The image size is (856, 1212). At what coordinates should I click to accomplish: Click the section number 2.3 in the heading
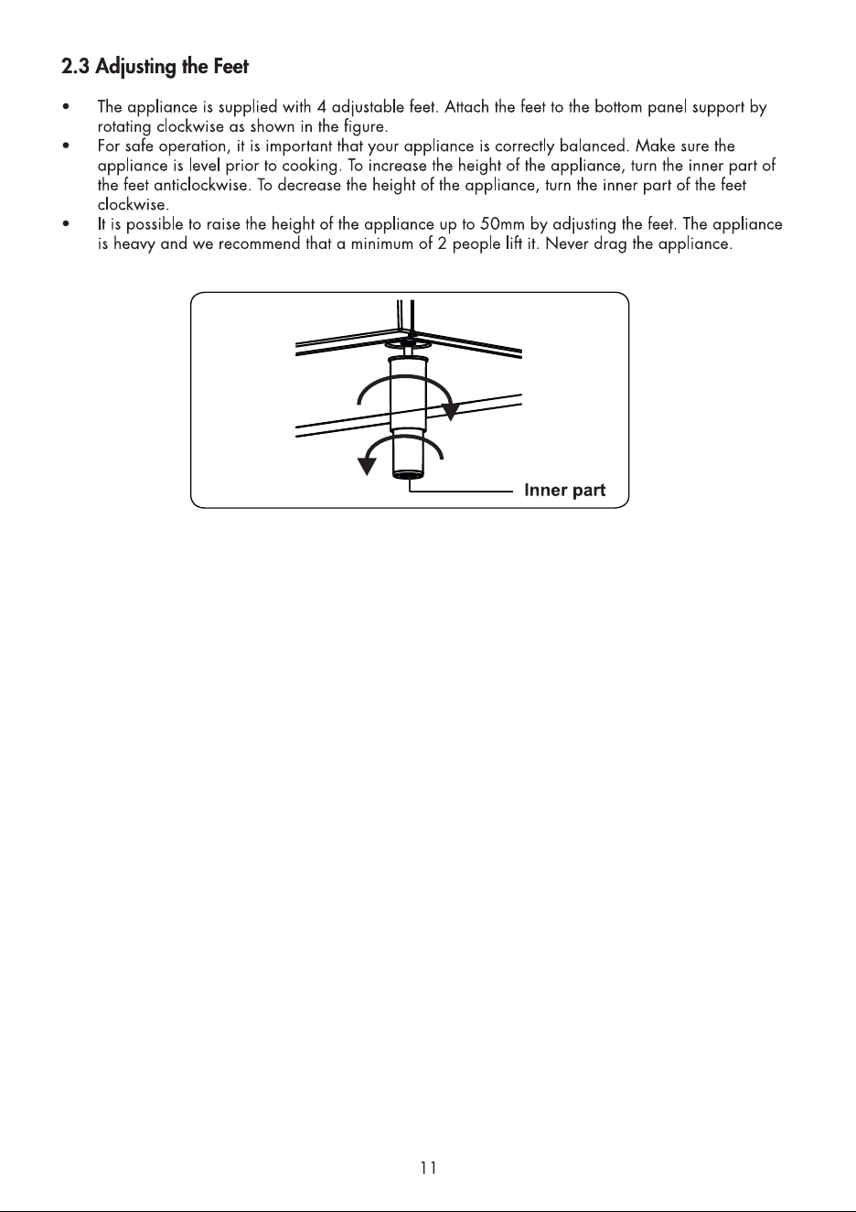click(x=76, y=67)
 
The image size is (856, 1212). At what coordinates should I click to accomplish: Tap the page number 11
click(x=429, y=1168)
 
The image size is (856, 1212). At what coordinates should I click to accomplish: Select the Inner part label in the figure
click(x=565, y=490)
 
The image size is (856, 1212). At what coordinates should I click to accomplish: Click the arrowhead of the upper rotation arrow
click(x=450, y=412)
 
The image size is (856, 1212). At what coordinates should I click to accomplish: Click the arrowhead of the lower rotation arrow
click(x=367, y=466)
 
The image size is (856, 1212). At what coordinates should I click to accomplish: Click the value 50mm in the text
click(x=502, y=224)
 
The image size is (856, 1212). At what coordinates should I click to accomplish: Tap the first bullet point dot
click(x=66, y=107)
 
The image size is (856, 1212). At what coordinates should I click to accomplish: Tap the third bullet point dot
click(x=66, y=224)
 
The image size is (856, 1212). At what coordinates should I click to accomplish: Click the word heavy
click(x=134, y=244)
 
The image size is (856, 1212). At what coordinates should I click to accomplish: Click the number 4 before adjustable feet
click(x=322, y=107)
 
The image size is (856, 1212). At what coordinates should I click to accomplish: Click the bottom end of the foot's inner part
click(x=409, y=476)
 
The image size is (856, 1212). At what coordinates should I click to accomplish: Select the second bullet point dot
click(x=66, y=146)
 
